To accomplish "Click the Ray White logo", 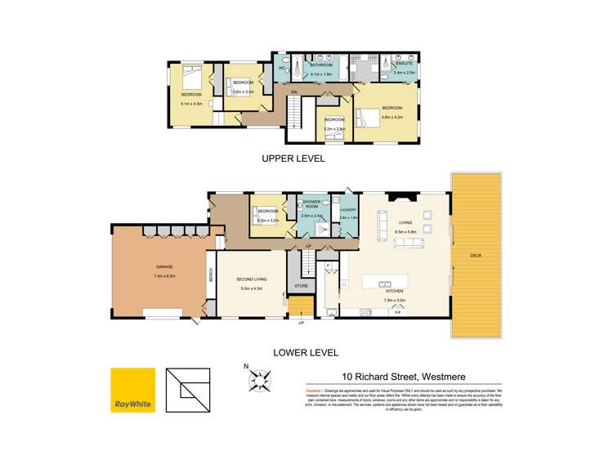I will (132, 391).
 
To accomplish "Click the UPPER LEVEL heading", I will (293, 159).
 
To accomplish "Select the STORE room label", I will (300, 286).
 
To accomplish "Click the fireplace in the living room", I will (404, 196).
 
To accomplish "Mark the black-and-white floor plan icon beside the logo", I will (186, 391).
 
